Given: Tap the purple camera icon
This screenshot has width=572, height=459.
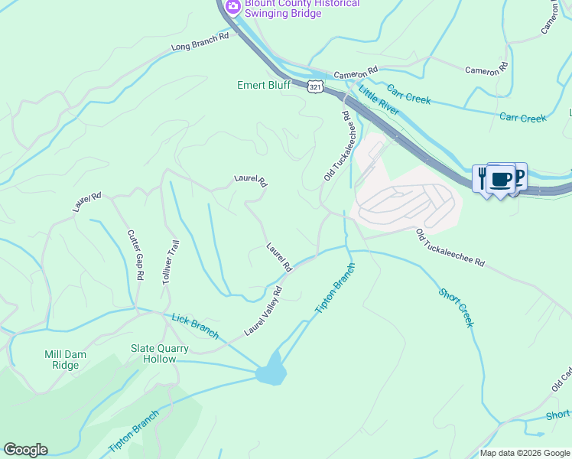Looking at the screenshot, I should point(232,7).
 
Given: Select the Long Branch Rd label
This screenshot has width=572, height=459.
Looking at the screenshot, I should point(200,41).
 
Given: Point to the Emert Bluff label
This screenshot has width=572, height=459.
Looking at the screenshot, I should point(263,85).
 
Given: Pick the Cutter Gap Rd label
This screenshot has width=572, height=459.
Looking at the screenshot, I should point(134,256).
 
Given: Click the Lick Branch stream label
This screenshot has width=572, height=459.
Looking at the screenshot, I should point(196,326).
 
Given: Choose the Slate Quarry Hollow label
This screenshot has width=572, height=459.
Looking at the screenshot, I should point(153,353).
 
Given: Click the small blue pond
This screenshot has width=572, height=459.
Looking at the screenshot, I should point(271,373).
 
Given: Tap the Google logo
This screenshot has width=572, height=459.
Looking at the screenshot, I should point(25,450).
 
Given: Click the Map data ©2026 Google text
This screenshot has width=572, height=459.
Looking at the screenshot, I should point(524,453).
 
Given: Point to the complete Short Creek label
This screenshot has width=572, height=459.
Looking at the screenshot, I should point(457,307).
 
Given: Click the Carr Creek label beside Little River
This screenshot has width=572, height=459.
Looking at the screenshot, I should point(408,95).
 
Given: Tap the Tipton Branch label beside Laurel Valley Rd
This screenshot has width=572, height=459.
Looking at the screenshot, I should point(336,288).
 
